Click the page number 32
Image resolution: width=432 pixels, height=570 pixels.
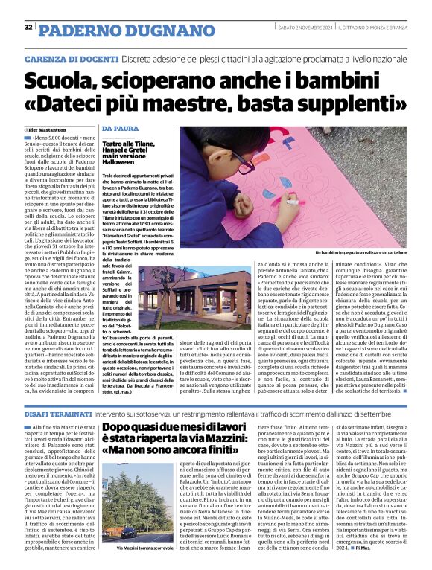click(x=28, y=27)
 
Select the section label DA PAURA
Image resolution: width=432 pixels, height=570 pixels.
click(x=120, y=129)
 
